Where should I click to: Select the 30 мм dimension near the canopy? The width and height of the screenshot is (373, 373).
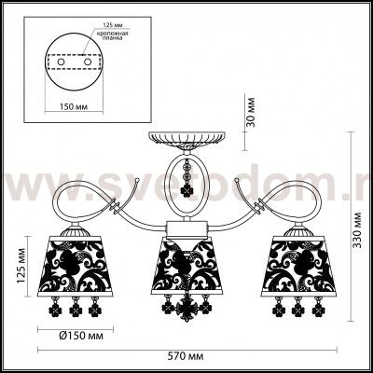(x=248, y=114)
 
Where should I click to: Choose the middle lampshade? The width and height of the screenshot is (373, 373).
(x=190, y=266)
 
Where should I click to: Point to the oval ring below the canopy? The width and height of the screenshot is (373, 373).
(x=190, y=186)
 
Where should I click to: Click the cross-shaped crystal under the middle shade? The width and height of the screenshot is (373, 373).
(x=190, y=309)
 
